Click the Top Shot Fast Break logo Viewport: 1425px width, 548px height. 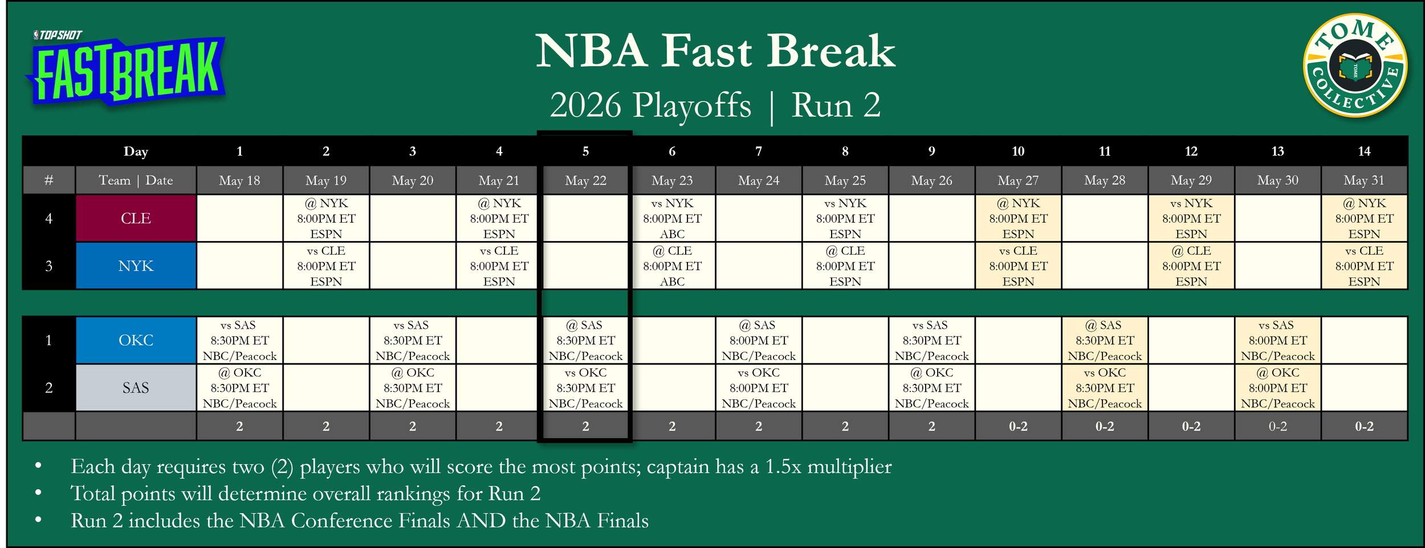(x=125, y=68)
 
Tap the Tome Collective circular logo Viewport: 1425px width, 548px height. (x=1355, y=66)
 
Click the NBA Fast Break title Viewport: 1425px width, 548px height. (x=715, y=51)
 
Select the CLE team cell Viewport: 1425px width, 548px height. (x=136, y=218)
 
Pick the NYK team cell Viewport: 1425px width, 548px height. (x=136, y=266)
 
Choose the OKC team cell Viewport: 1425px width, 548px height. (x=136, y=340)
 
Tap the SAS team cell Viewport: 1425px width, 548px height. (x=136, y=388)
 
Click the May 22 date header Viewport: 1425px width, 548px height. (x=585, y=181)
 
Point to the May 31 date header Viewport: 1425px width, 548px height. (x=1364, y=181)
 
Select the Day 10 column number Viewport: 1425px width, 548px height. (x=1018, y=151)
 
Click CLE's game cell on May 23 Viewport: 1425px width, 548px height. (x=672, y=218)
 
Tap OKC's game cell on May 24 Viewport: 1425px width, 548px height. (x=759, y=340)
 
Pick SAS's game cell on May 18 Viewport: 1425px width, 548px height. (x=239, y=388)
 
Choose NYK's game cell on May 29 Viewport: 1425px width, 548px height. (x=1191, y=266)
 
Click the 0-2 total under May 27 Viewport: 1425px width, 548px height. (x=1018, y=426)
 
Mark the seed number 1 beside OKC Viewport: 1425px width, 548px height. (x=48, y=340)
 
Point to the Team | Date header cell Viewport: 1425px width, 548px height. (x=136, y=181)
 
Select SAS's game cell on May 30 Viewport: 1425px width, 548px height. (x=1277, y=388)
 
